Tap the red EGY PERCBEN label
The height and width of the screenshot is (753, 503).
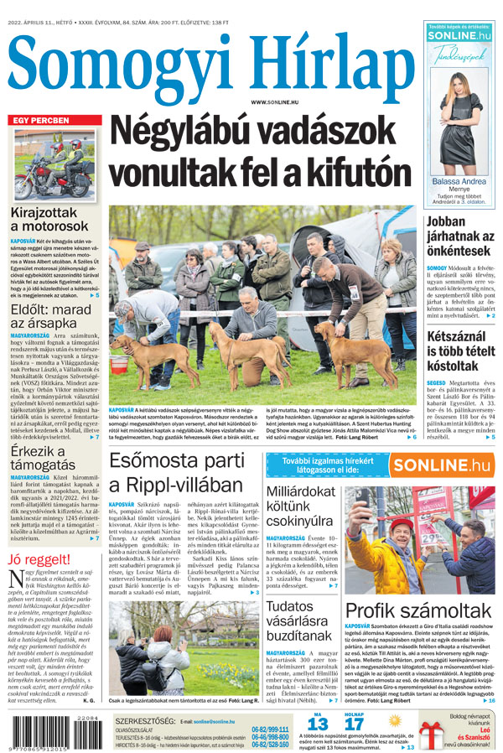(x=41, y=121)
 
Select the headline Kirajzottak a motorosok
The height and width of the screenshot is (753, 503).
(x=49, y=217)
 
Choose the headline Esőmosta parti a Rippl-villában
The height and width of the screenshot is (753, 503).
(x=175, y=474)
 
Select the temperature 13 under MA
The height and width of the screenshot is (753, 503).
(x=317, y=724)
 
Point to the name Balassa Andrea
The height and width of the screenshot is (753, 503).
(x=459, y=181)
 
